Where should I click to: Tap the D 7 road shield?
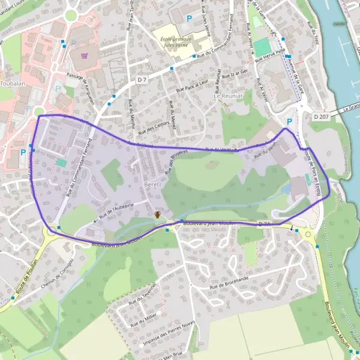pyautogui.click(x=142, y=79)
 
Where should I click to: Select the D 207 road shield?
pyautogui.click(x=321, y=116)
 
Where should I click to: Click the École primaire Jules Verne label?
pyautogui.click(x=175, y=43)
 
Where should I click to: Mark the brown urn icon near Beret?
pyautogui.click(x=157, y=214)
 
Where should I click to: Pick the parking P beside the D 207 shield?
pyautogui.click(x=289, y=121)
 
